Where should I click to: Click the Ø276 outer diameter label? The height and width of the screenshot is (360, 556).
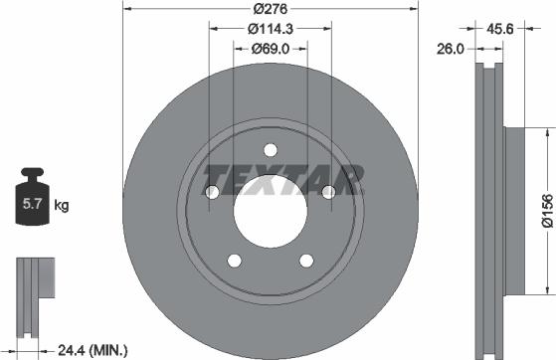click(269, 8)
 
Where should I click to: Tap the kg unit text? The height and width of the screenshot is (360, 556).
click(62, 207)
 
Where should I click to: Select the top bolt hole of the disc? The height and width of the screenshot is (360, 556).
click(270, 150)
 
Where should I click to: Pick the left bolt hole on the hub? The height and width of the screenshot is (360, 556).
click(212, 192)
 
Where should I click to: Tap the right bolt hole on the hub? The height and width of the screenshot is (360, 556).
click(327, 192)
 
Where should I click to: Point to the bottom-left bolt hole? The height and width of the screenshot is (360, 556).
click(234, 261)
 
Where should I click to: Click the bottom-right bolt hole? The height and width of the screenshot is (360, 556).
click(305, 261)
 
